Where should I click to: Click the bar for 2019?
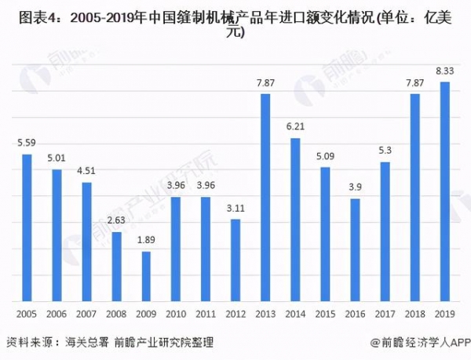444,192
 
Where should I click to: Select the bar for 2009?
146,276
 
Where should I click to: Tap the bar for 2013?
265,198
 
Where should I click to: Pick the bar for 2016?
355,250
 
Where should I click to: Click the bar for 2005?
27,227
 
